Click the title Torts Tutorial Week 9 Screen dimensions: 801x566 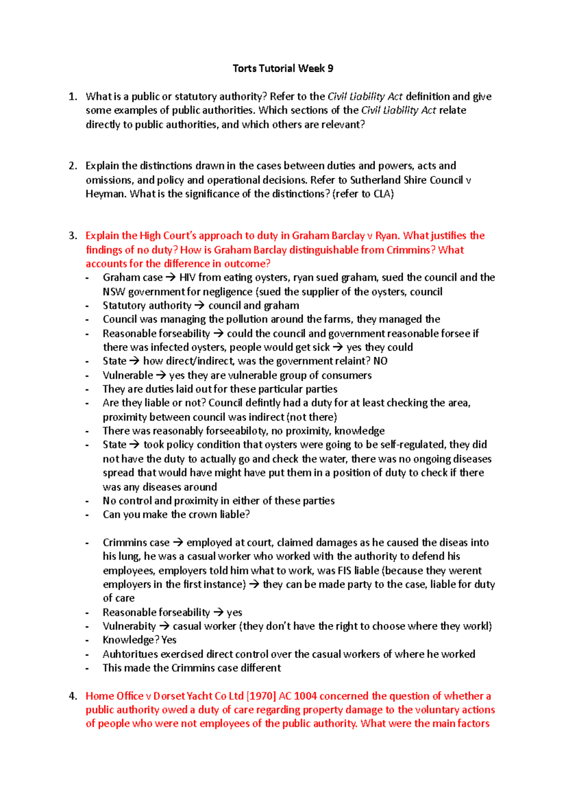coord(283,68)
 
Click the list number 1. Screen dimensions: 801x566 coord(72,97)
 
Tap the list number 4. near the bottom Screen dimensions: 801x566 coord(72,696)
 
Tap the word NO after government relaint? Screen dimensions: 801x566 coord(380,361)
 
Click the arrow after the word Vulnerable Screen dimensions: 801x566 coord(161,375)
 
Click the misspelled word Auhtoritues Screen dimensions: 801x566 coord(130,654)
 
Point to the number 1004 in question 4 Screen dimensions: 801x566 coord(306,696)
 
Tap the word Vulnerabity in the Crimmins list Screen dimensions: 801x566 coord(129,626)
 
